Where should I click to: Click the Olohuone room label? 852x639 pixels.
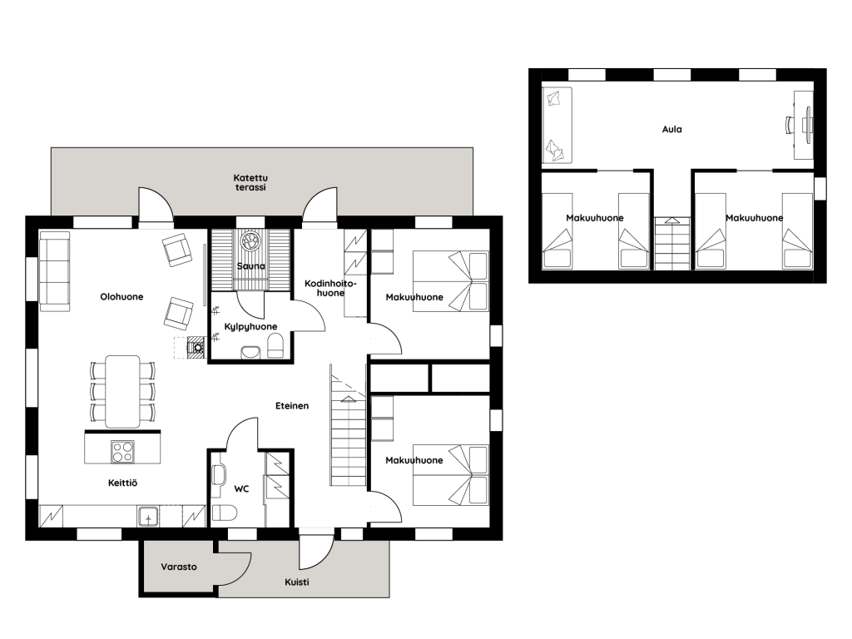[121, 297]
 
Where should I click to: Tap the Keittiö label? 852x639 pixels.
[123, 483]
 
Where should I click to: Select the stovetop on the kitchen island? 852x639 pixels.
[122, 452]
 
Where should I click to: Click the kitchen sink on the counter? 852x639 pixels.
[147, 516]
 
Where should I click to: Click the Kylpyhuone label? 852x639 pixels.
[250, 326]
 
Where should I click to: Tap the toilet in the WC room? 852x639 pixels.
[225, 513]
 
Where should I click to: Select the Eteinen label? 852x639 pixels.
[292, 405]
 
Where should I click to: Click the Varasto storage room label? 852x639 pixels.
[179, 567]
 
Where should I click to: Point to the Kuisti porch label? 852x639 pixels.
[297, 582]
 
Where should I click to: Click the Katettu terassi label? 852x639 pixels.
[250, 182]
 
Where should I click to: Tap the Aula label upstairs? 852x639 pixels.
[671, 129]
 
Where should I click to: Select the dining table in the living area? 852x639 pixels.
[122, 391]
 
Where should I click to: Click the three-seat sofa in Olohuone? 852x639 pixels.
[54, 271]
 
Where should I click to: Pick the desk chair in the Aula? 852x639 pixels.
[790, 125]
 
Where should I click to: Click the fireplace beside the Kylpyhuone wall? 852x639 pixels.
[196, 346]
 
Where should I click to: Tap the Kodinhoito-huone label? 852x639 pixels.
[330, 288]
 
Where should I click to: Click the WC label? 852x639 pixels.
[241, 489]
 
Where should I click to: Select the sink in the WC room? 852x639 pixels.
[219, 475]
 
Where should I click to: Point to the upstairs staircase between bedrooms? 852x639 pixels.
[671, 244]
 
